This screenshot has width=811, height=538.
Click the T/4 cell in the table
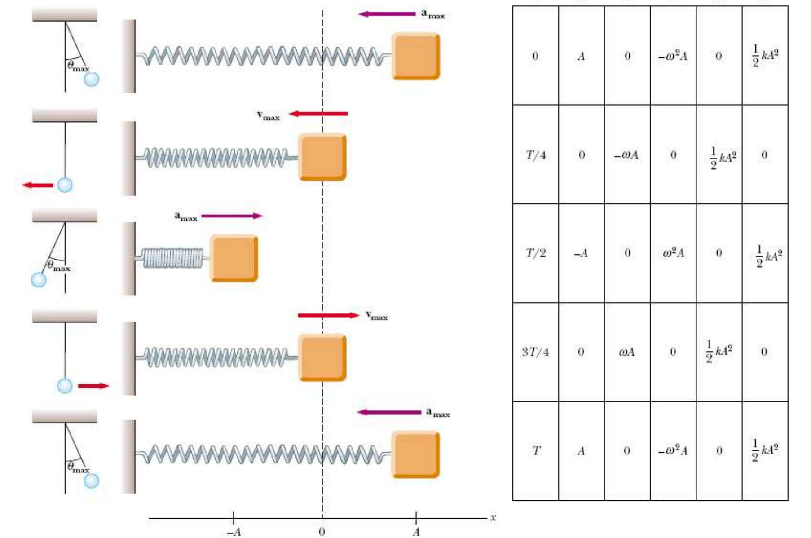coord(536,155)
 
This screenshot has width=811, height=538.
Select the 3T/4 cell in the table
coord(535,352)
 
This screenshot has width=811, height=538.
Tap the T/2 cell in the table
coord(536,253)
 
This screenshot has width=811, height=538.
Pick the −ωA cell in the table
coord(627,155)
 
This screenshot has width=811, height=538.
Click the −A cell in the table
coord(581,253)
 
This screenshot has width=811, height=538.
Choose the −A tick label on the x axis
coord(234,532)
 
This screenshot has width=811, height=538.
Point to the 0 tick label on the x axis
coord(322,532)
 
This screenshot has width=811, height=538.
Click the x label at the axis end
coord(493,517)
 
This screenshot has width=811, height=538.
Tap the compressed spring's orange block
coord(234,259)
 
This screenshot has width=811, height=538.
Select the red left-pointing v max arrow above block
coord(318,114)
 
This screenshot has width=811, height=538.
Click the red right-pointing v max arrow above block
coord(328,315)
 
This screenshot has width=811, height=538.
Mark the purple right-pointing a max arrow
coord(232,216)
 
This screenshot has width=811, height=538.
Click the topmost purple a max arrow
coord(387,14)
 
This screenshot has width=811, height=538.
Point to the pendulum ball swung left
coord(39,280)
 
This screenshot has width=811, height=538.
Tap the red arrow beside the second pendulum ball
coord(38,185)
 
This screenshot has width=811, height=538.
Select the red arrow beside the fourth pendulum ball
coord(93,386)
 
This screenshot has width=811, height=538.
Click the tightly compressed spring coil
coord(173,258)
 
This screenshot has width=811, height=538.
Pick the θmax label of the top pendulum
coord(78,66)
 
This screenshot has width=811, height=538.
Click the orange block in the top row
coord(416,56)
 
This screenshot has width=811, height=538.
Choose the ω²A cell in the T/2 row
coord(673,253)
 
